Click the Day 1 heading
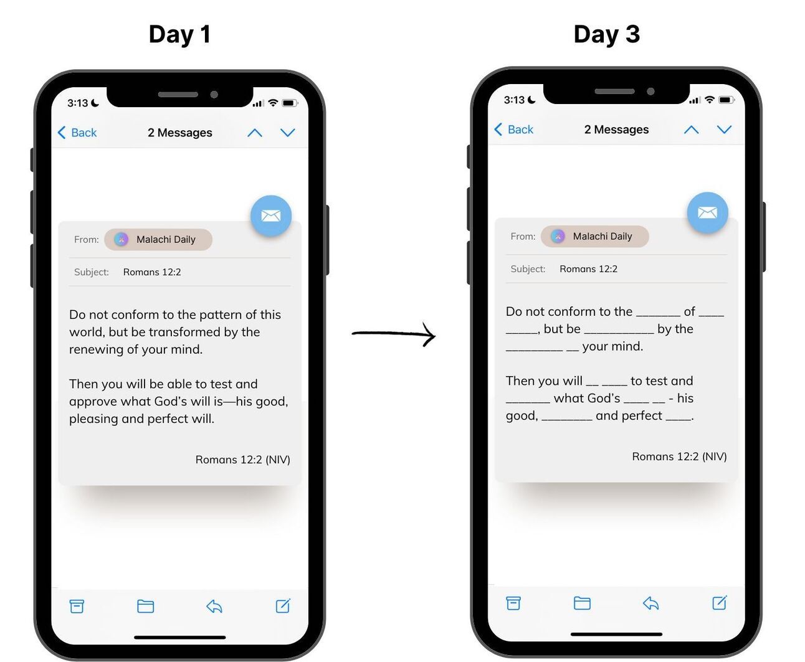pos(179,35)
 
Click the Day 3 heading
pos(606,35)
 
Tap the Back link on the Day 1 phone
pos(77,133)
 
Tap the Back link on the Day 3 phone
pos(514,130)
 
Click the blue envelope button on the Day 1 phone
pos(271,216)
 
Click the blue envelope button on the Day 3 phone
pos(707,212)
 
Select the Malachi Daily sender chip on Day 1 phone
pos(158,240)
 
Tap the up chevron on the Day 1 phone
pos(255,133)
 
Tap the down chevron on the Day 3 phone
pos(724,130)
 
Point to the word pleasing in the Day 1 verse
pos(93,419)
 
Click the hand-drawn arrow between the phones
pos(393,334)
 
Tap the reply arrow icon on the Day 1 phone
pos(214,606)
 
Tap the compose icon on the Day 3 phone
pos(720,603)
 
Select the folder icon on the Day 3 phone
pos(582,603)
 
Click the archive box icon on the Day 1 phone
pos(77,606)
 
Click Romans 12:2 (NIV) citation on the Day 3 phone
pos(679,456)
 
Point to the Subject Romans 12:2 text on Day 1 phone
pos(152,272)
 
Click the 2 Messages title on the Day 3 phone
pos(616,130)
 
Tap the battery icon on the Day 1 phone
pos(289,103)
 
